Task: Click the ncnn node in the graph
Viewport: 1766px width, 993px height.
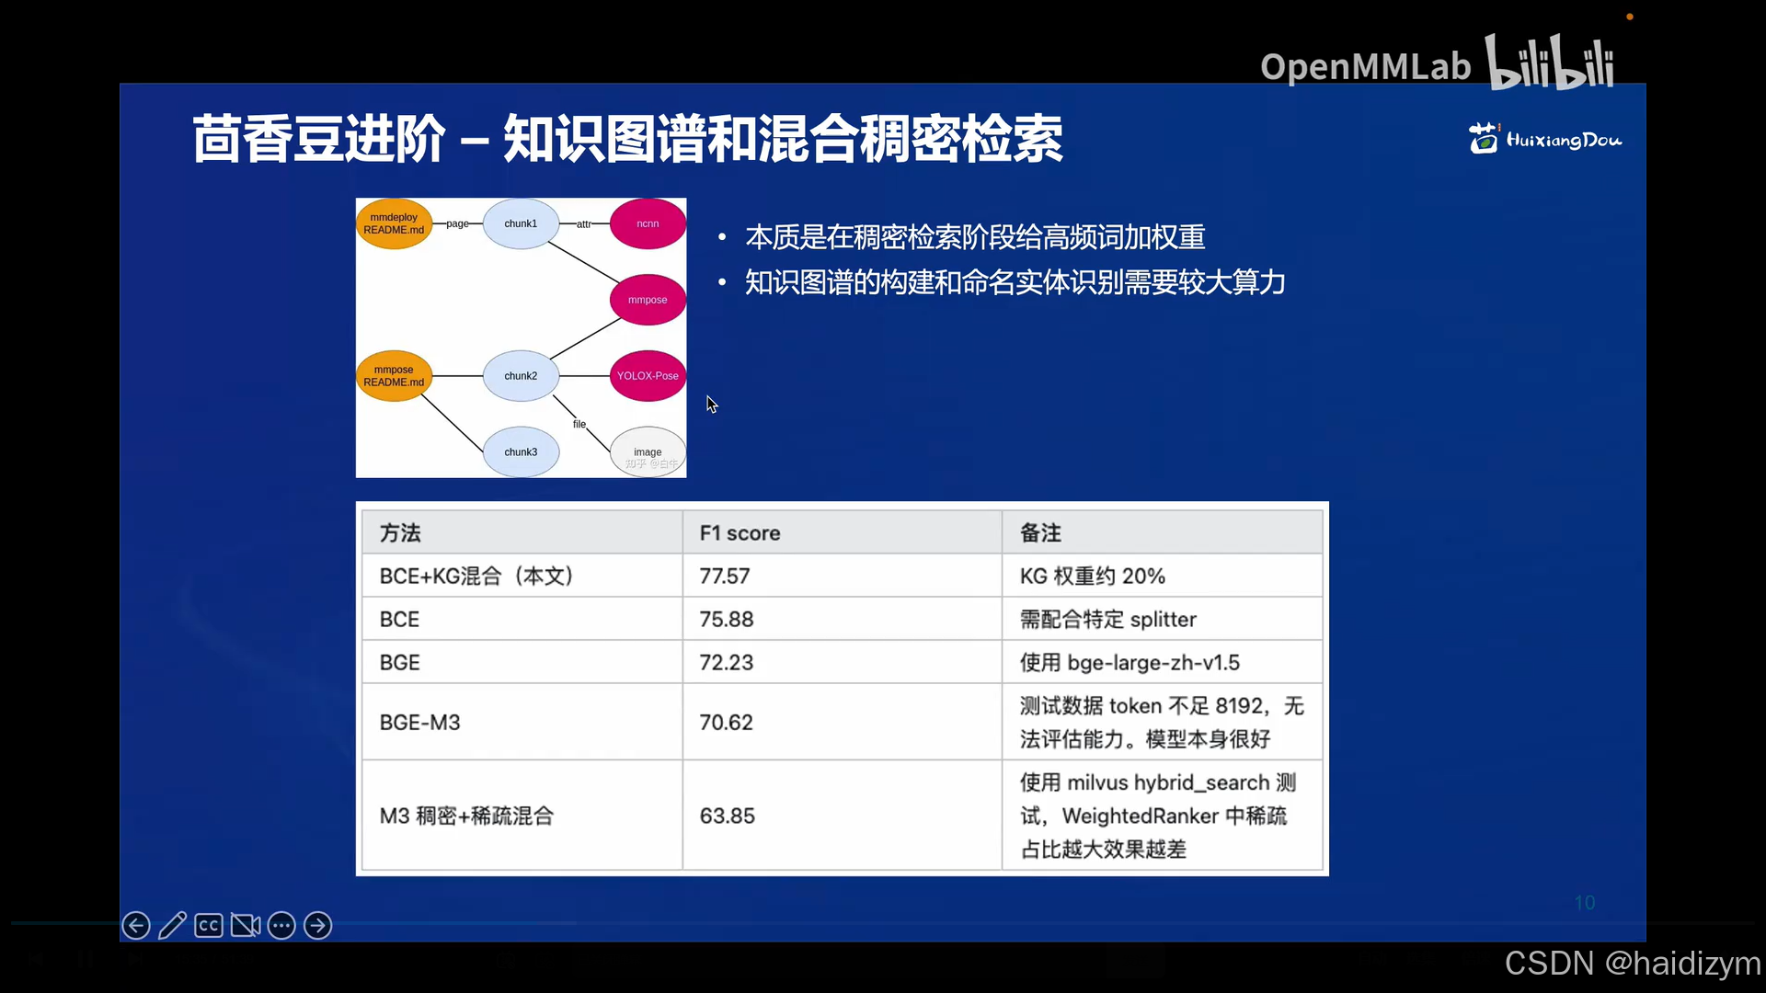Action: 648,223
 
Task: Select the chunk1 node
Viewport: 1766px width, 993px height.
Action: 521,223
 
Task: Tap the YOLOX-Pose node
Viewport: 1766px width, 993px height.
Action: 648,376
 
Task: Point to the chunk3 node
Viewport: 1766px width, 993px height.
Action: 521,451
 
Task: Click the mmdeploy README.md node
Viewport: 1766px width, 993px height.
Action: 394,223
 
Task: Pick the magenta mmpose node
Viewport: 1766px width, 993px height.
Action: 648,300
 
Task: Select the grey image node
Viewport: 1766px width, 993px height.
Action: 648,451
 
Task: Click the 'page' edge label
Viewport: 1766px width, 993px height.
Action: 457,223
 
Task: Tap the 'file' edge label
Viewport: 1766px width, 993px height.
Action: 579,424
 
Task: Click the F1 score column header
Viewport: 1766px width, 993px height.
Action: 740,533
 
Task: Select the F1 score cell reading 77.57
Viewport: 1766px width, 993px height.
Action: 725,576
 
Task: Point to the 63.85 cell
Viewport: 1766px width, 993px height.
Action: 727,816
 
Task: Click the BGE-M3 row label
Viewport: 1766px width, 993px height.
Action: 420,723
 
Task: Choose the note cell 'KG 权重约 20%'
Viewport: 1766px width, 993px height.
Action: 1092,576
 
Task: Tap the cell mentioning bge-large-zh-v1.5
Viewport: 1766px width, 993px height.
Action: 1130,663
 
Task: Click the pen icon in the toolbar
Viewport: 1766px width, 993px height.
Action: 172,925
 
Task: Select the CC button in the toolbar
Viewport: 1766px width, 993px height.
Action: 209,925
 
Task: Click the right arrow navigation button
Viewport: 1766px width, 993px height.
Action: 317,925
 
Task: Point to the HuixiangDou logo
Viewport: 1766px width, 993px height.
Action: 1545,139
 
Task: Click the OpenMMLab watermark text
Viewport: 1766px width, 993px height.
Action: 1365,66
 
